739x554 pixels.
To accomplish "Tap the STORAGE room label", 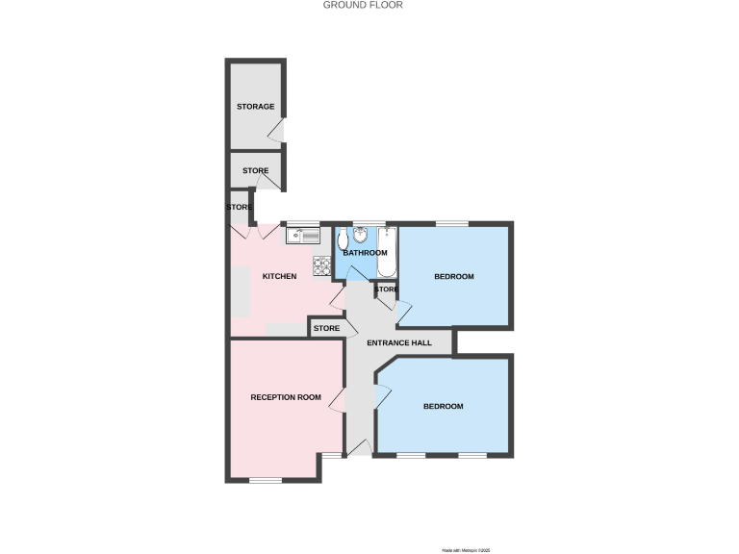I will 256,107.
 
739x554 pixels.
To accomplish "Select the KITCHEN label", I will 279,277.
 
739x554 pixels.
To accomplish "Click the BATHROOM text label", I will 366,253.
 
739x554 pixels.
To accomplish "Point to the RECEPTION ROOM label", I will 286,397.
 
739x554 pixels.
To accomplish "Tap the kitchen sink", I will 302,234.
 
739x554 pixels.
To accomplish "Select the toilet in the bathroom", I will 343,239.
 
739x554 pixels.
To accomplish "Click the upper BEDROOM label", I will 454,277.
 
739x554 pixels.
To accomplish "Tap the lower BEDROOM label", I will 444,406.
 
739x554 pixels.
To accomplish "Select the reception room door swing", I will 338,400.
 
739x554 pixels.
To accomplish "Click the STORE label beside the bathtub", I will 386,290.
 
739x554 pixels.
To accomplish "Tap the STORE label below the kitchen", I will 327,329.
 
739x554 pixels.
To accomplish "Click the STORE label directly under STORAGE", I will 256,171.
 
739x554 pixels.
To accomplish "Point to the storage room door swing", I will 275,133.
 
